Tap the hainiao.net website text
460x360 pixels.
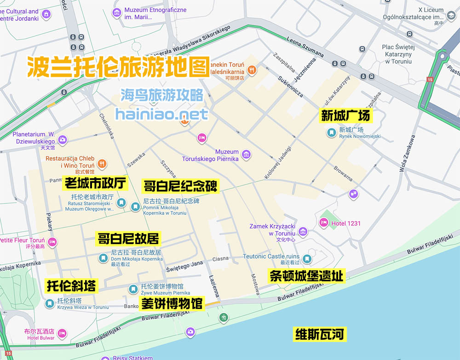coord(161,114)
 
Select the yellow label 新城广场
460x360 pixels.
coord(345,115)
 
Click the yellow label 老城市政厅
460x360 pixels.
coord(95,184)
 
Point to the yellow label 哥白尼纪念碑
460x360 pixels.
coord(180,186)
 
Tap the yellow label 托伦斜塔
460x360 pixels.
coord(71,286)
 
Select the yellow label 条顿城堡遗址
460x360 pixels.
coord(306,276)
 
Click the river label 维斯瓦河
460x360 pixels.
coord(320,334)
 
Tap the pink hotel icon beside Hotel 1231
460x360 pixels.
coord(323,223)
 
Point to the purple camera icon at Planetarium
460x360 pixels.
coord(63,139)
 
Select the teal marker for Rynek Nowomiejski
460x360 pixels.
coord(331,133)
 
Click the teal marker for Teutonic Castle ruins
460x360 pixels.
coord(307,259)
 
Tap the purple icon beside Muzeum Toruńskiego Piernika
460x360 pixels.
coord(247,155)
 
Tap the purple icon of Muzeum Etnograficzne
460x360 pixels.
coord(117,12)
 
